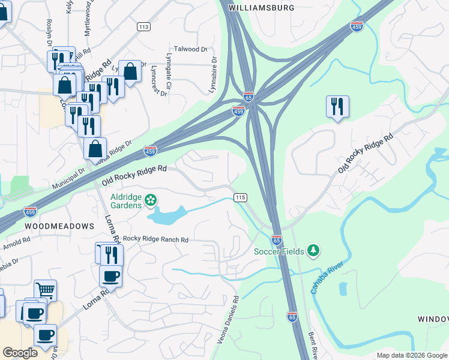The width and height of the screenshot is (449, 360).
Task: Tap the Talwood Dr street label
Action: (x=190, y=49)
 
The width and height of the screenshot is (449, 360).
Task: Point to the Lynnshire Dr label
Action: (x=212, y=75)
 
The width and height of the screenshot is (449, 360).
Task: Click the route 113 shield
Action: (x=143, y=26)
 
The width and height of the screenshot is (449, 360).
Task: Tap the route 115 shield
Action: (x=241, y=197)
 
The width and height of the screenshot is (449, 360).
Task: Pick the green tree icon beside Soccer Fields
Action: (x=312, y=250)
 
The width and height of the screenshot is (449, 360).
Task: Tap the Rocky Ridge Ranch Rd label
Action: (x=155, y=240)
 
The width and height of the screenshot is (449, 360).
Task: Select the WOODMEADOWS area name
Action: (x=59, y=226)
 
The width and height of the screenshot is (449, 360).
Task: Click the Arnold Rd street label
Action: (x=16, y=244)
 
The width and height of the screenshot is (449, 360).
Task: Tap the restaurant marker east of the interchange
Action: (x=337, y=107)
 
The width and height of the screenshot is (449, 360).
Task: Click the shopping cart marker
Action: (x=45, y=290)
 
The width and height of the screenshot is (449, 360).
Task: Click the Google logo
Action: (x=20, y=353)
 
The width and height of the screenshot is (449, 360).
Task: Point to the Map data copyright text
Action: (x=412, y=355)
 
